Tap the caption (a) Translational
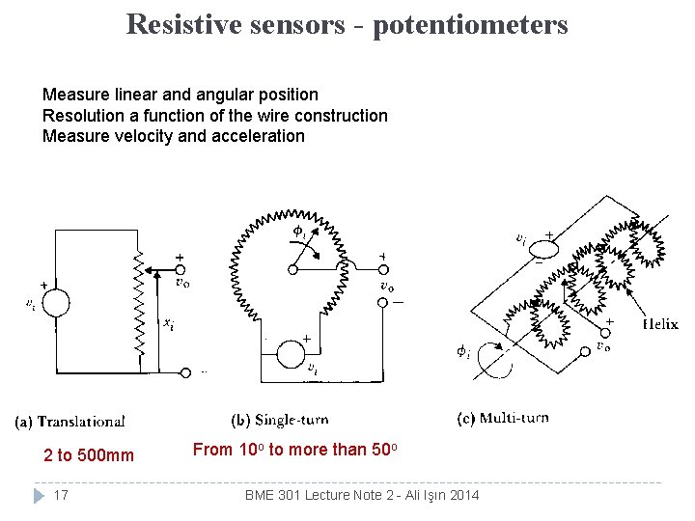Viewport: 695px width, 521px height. click(x=70, y=421)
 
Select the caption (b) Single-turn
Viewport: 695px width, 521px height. click(x=280, y=420)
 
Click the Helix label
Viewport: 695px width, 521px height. click(x=660, y=324)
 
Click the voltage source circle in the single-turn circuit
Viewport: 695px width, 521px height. click(x=291, y=353)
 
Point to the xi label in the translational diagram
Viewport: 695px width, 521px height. click(x=168, y=324)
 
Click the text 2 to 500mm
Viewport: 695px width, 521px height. click(x=89, y=455)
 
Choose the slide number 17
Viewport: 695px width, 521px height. click(x=60, y=495)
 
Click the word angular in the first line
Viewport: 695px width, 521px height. click(x=198, y=95)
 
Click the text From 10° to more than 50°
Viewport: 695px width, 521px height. click(x=294, y=450)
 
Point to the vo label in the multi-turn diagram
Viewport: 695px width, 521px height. click(x=602, y=345)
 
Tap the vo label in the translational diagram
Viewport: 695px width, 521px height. click(x=181, y=283)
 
